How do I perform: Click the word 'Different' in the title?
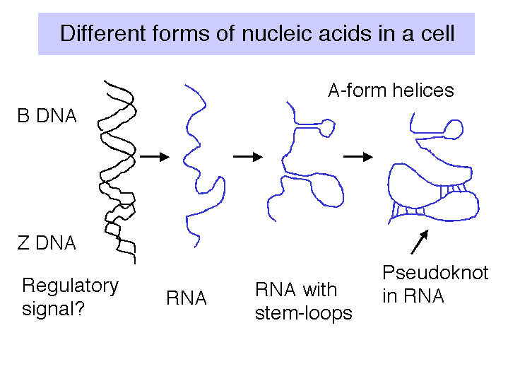click(x=102, y=33)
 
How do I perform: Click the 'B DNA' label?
click(x=47, y=116)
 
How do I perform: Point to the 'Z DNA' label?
click(x=47, y=243)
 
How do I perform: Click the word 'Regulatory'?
click(x=71, y=287)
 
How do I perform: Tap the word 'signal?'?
click(x=53, y=308)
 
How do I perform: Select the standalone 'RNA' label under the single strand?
click(x=187, y=298)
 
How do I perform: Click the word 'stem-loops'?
click(x=304, y=314)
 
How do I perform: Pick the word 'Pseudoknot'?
click(x=435, y=272)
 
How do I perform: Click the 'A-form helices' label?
click(x=391, y=90)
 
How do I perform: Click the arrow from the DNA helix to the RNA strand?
click(x=155, y=157)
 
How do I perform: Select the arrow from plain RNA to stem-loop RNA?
click(x=248, y=157)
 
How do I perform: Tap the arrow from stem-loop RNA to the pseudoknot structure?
click(x=358, y=157)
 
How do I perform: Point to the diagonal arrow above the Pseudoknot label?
click(x=420, y=242)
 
